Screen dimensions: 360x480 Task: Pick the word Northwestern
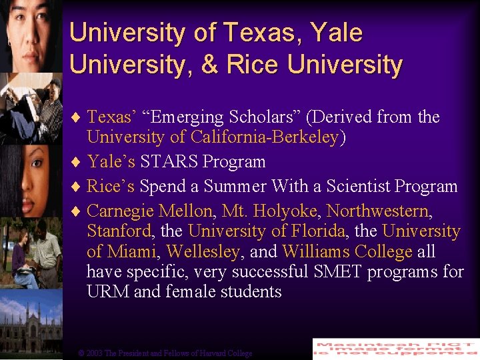tap(379, 211)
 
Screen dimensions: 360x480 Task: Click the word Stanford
tap(119, 232)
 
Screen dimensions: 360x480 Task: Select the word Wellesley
tap(203, 252)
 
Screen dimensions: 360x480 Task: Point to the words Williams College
tap(347, 252)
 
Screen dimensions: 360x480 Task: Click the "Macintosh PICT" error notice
tap(395, 349)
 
